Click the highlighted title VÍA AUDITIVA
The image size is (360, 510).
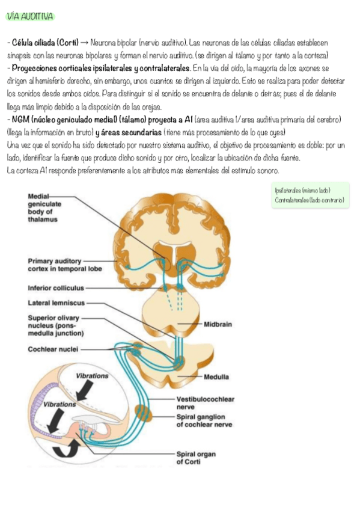(30, 16)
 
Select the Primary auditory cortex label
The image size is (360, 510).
(65, 265)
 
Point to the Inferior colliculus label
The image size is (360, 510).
(56, 288)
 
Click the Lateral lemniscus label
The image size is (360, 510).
(56, 303)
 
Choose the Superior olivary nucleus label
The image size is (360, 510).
(55, 325)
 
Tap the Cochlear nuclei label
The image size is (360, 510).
(53, 349)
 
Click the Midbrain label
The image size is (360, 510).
(218, 324)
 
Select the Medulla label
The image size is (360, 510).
(216, 376)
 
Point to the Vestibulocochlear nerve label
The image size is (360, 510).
(206, 403)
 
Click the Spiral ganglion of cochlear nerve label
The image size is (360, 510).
(204, 420)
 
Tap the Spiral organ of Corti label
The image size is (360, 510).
(196, 458)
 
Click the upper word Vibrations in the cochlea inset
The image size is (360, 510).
(92, 376)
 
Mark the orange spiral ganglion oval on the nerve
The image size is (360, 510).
(143, 413)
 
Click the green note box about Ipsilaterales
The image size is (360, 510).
(310, 195)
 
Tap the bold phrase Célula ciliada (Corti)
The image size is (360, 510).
(45, 43)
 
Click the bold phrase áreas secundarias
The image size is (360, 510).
(131, 132)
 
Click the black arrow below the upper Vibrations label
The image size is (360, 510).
(85, 390)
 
